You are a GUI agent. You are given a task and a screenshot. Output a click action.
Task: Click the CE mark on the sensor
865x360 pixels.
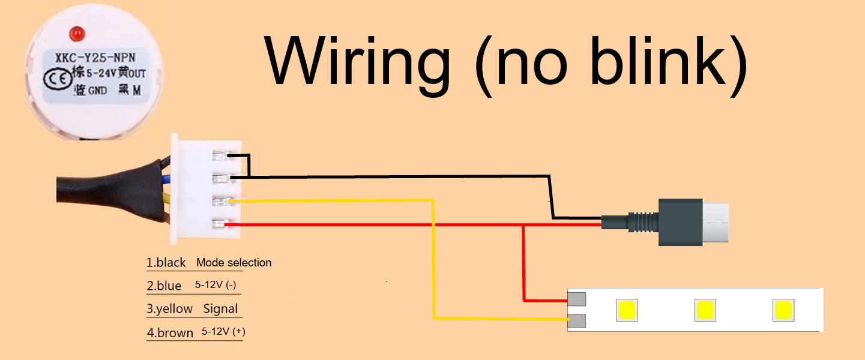coord(53,79)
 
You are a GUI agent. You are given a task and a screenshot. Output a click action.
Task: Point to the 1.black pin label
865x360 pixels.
coord(166,263)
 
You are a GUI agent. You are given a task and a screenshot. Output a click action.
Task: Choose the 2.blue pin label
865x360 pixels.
coord(164,286)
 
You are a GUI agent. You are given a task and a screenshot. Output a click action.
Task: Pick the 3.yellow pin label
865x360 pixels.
coord(170,309)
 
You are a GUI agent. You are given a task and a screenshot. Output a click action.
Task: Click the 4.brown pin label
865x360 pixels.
coord(170,333)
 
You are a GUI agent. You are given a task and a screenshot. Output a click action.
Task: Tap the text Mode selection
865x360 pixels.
coord(234,262)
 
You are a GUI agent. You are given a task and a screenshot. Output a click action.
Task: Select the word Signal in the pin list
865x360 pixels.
coord(220,309)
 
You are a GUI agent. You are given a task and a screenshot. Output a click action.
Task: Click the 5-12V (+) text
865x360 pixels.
coord(223,332)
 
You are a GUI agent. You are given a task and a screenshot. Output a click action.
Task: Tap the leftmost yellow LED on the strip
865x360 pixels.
coord(627,310)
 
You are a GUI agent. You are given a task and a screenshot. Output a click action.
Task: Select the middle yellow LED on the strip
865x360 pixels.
coord(705,310)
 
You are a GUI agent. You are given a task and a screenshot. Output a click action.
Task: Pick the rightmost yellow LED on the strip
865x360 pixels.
coord(783,310)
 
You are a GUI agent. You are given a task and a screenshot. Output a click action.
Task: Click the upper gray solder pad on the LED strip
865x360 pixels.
coord(577,299)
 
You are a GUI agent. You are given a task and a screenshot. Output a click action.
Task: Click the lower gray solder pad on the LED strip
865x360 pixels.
coord(577,322)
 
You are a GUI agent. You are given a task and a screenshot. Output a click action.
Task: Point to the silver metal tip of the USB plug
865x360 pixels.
coord(716,222)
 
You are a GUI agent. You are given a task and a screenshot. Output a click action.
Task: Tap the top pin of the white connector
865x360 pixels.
coord(219,157)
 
